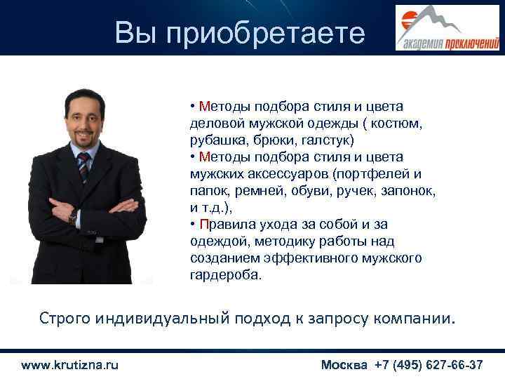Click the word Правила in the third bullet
(x=225, y=224)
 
